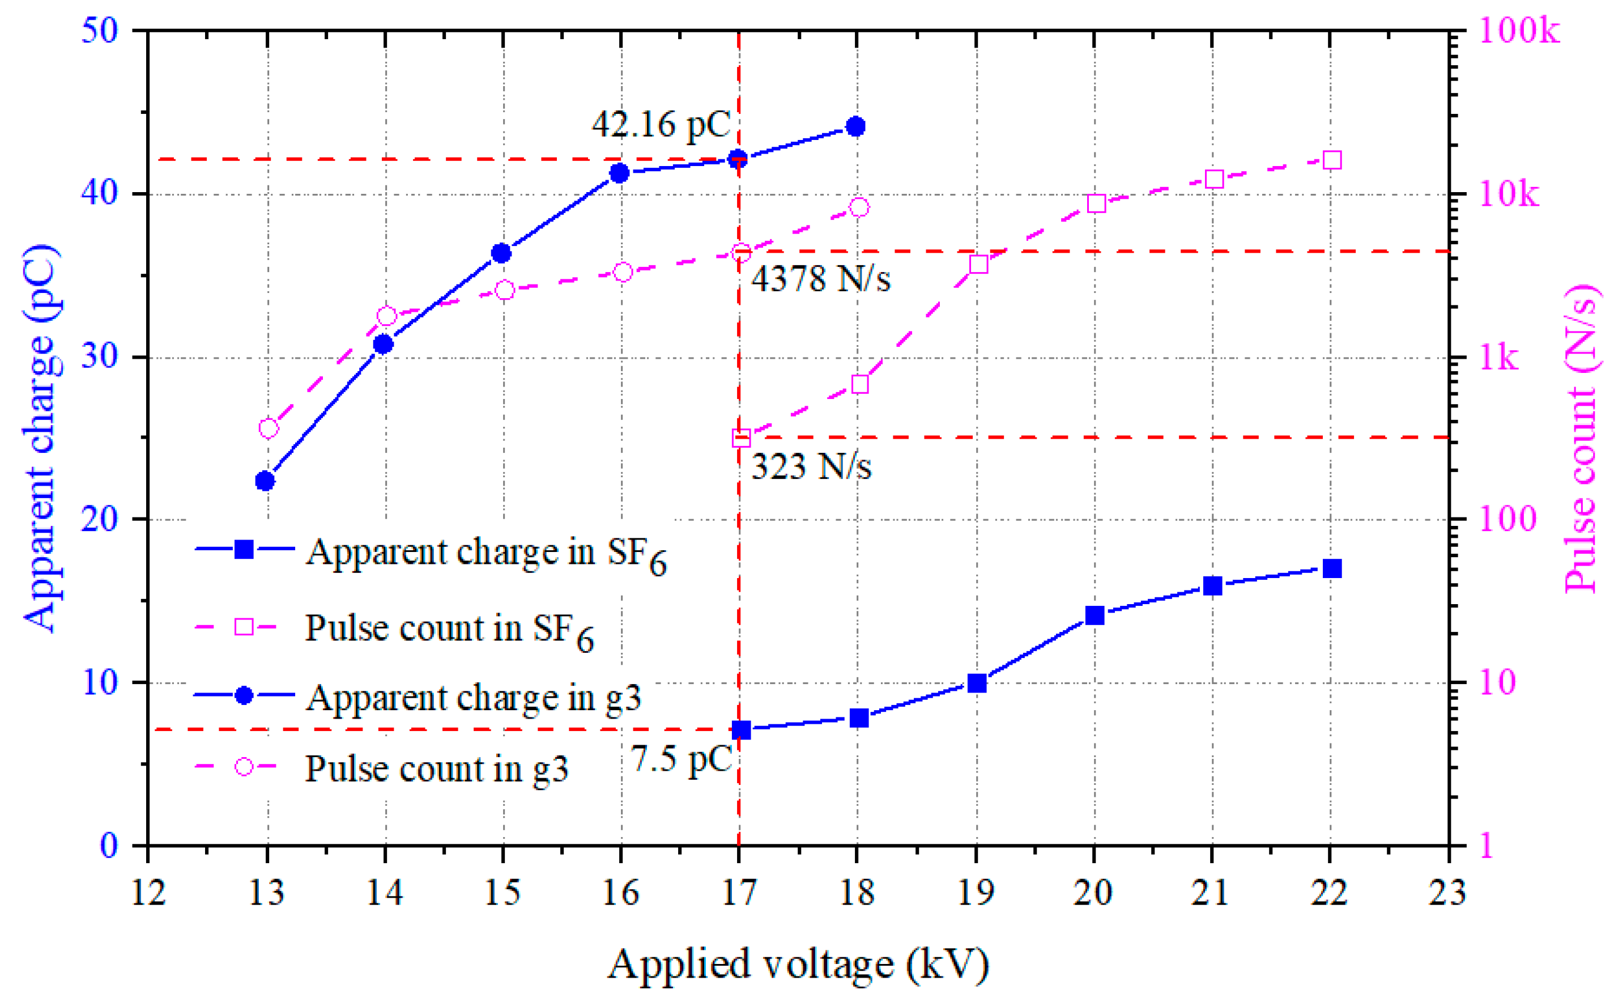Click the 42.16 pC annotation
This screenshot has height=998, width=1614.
pyautogui.click(x=661, y=124)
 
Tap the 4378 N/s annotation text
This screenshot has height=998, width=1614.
pyautogui.click(x=820, y=278)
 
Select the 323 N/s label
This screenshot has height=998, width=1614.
pyautogui.click(x=811, y=466)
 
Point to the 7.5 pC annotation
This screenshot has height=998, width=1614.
pyautogui.click(x=682, y=758)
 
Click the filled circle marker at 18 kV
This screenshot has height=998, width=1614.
pyautogui.click(x=856, y=126)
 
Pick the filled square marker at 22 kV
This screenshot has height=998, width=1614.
pyautogui.click(x=1331, y=568)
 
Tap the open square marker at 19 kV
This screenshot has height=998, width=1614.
pyautogui.click(x=978, y=265)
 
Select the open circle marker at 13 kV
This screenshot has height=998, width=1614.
pyautogui.click(x=268, y=428)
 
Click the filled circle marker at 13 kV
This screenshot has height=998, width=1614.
pyautogui.click(x=265, y=481)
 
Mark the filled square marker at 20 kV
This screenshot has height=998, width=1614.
pyautogui.click(x=1095, y=615)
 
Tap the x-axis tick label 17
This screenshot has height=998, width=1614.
pyautogui.click(x=738, y=893)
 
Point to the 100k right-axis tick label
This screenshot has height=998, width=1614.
pyautogui.click(x=1518, y=31)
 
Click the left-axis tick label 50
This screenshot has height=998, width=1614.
pyautogui.click(x=99, y=31)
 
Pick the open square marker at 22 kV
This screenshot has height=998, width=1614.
pyautogui.click(x=1331, y=160)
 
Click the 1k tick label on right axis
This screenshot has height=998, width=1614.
pyautogui.click(x=1498, y=358)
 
